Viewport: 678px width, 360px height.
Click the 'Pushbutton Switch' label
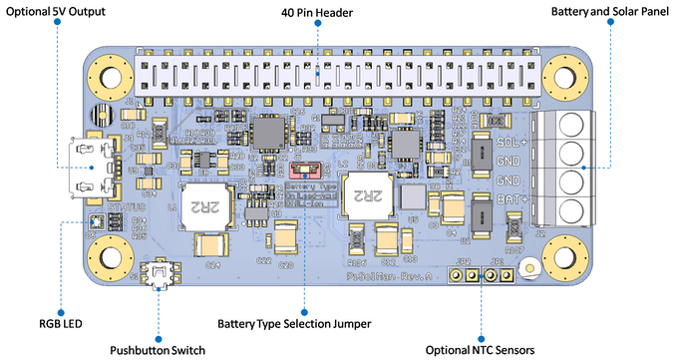(159, 349)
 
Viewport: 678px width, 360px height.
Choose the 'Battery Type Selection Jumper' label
(294, 324)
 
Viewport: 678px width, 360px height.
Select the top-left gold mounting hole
(105, 76)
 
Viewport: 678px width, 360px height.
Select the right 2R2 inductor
(363, 193)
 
